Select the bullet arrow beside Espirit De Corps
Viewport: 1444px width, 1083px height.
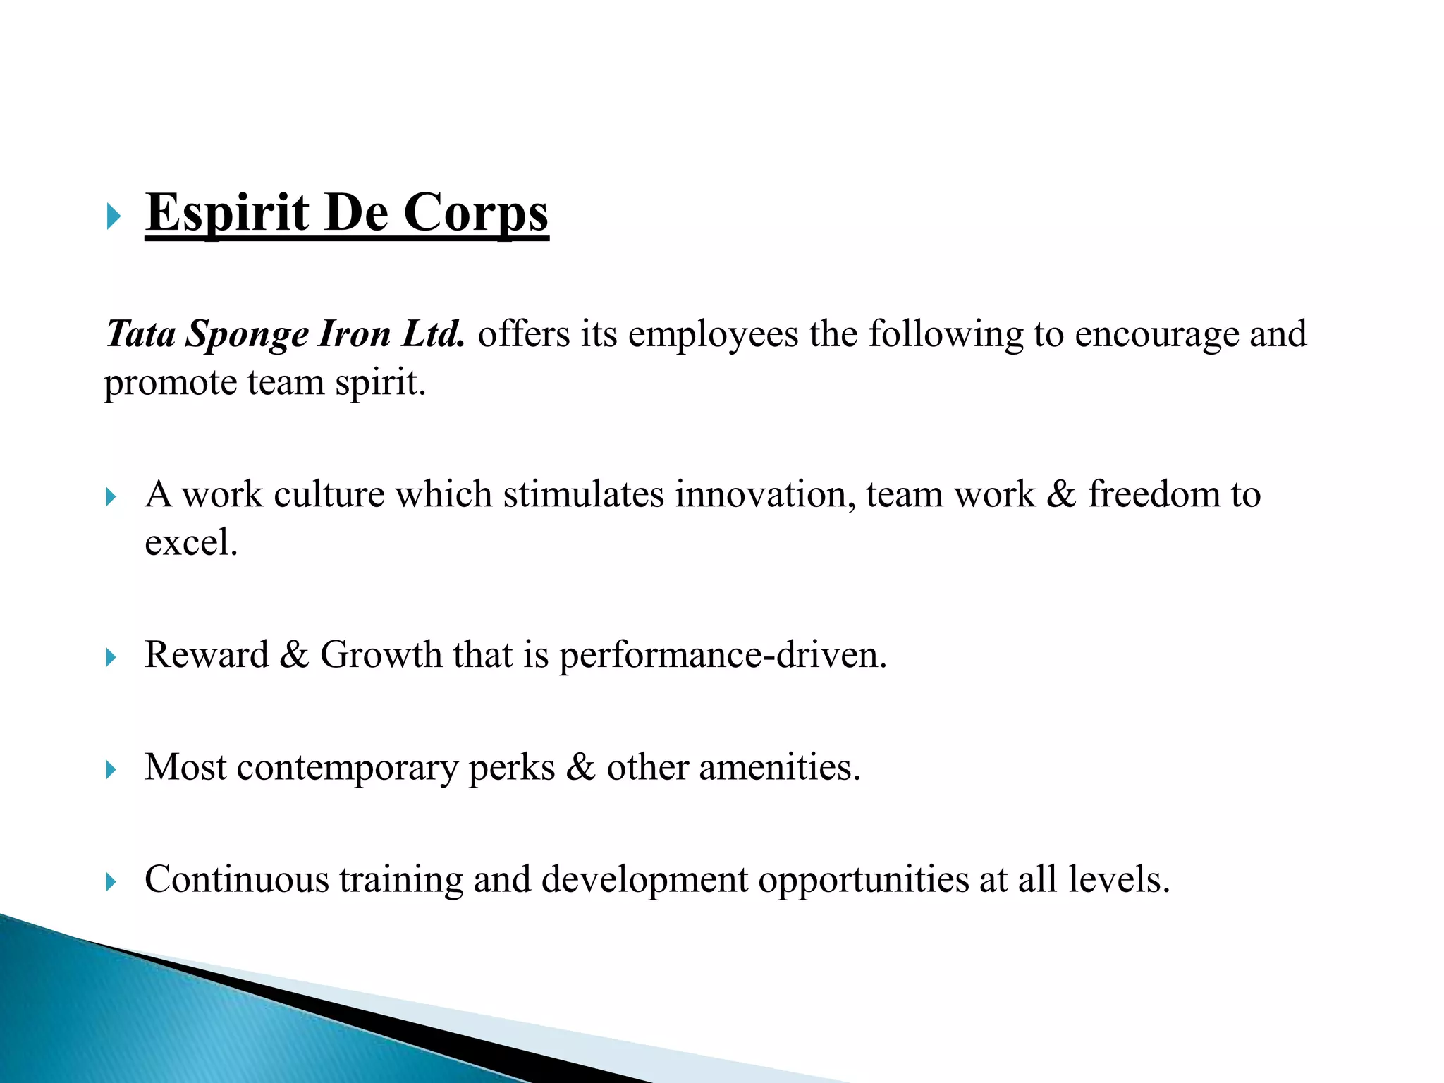click(113, 216)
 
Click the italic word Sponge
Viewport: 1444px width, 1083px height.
click(247, 335)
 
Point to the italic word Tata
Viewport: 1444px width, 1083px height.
click(140, 334)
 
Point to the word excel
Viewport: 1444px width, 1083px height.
click(190, 543)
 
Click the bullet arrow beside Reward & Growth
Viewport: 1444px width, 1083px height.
click(111, 658)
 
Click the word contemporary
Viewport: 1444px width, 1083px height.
click(347, 769)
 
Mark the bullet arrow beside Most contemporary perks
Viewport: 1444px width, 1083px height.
click(111, 770)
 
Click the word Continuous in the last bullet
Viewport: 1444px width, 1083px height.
click(237, 880)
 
